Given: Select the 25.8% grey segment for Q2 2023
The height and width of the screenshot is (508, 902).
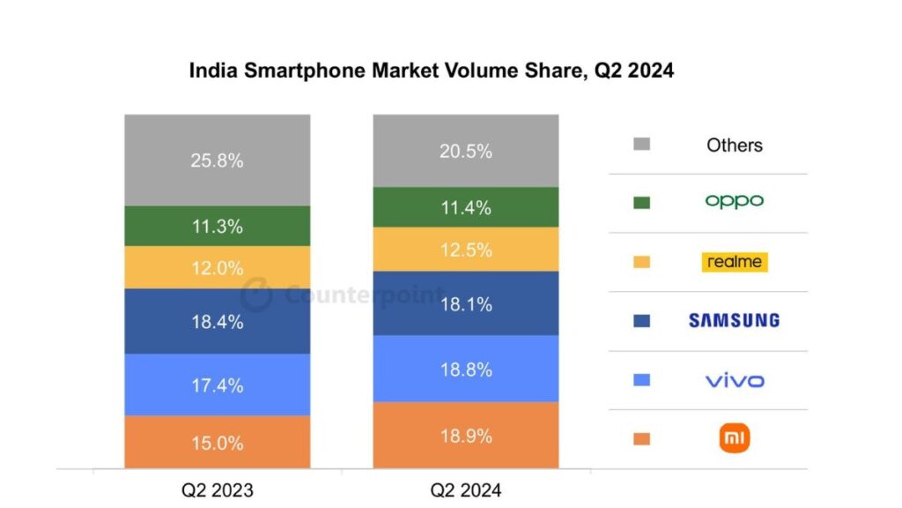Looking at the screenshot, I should (x=217, y=161).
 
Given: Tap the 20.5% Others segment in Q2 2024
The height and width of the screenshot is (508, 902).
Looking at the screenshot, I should (x=465, y=151).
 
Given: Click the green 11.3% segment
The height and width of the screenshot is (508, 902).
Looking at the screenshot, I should (x=217, y=226).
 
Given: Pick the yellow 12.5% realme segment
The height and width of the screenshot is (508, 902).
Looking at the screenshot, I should (x=465, y=250).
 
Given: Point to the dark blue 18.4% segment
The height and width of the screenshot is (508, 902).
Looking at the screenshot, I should (x=217, y=322).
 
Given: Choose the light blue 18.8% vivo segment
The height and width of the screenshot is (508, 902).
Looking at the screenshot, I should (x=465, y=370).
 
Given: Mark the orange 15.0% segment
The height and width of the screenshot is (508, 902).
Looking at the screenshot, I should (x=217, y=443).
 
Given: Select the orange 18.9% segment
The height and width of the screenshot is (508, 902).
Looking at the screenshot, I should (x=465, y=436).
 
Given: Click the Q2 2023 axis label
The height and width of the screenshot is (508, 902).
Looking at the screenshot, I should (x=217, y=489).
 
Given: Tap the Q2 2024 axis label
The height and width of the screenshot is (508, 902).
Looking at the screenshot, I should (x=465, y=489).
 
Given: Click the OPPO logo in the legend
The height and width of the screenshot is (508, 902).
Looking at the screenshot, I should (x=734, y=201).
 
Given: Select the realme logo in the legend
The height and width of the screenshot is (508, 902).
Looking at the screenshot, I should (x=734, y=262).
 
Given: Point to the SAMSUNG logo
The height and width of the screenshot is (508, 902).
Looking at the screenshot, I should (x=734, y=320).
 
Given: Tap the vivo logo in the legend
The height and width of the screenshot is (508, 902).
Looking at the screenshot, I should (x=734, y=381).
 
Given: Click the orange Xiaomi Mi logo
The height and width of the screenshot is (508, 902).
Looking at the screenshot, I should (x=734, y=438).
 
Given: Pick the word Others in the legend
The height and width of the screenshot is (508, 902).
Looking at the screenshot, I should (x=734, y=146).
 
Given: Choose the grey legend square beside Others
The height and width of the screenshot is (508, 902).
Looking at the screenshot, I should (x=641, y=144).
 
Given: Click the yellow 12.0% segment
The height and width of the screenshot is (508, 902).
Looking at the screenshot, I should (x=217, y=268).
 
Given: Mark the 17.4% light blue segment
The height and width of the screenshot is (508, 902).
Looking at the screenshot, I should (x=217, y=385).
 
